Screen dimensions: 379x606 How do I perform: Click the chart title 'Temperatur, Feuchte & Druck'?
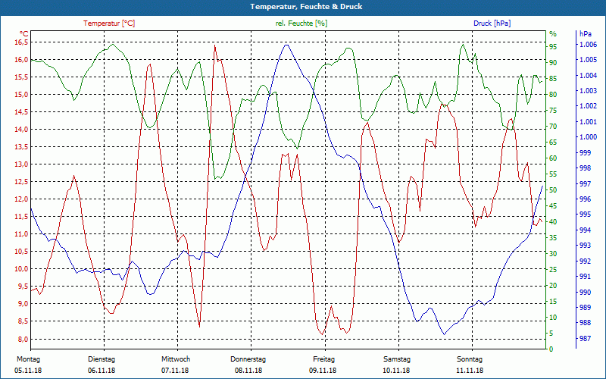(302, 6)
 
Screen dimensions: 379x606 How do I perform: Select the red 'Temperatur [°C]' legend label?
(109, 23)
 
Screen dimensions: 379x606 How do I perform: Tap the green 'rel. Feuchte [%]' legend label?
(301, 23)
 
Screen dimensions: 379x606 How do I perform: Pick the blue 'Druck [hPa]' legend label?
(492, 23)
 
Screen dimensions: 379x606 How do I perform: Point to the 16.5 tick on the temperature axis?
(20, 42)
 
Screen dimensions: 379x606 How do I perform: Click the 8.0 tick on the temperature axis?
(23, 339)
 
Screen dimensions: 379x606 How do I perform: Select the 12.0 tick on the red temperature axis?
(20, 199)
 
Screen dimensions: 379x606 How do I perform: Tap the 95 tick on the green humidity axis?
(553, 47)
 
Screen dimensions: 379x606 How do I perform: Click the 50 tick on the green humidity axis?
(553, 189)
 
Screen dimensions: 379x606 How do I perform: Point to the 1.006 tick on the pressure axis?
(588, 45)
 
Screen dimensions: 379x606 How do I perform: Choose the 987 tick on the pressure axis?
(585, 339)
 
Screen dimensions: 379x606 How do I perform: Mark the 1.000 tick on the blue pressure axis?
(588, 137)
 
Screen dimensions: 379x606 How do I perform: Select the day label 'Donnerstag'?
(248, 359)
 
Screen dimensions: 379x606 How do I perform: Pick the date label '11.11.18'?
(470, 370)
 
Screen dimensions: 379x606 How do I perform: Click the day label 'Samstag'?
(396, 359)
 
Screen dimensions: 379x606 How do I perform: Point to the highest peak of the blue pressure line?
(286, 45)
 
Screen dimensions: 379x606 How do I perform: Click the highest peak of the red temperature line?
(215, 45)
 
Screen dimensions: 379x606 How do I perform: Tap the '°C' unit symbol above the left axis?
(24, 33)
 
